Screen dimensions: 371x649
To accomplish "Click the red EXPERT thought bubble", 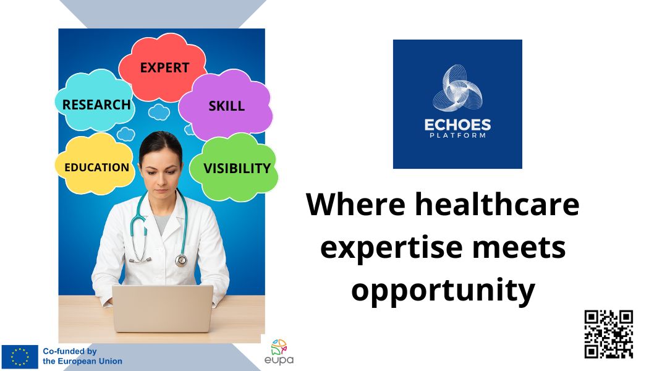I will coord(163,67).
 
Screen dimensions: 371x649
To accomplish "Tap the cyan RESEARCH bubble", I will coord(96,104).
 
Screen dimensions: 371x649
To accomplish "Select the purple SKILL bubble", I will coord(226,106).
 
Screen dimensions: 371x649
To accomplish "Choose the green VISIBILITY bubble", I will coord(236,168).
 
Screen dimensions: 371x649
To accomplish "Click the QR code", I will coord(608,334).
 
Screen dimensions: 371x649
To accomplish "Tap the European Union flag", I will coord(20,357).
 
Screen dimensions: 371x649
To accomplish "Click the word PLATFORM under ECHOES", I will coord(457,135).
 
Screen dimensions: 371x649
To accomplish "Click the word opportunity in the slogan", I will coord(443,289).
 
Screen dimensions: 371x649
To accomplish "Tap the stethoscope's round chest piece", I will coord(181,260).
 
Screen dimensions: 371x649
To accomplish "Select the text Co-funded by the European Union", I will coord(82,356).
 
